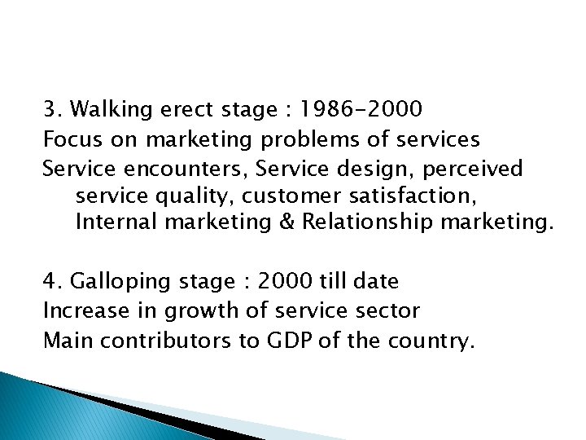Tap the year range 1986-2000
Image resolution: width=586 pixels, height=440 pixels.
pyautogui.click(x=361, y=108)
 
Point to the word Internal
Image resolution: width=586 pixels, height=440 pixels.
pyautogui.click(x=114, y=223)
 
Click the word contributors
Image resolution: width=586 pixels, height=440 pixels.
pyautogui.click(x=164, y=340)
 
